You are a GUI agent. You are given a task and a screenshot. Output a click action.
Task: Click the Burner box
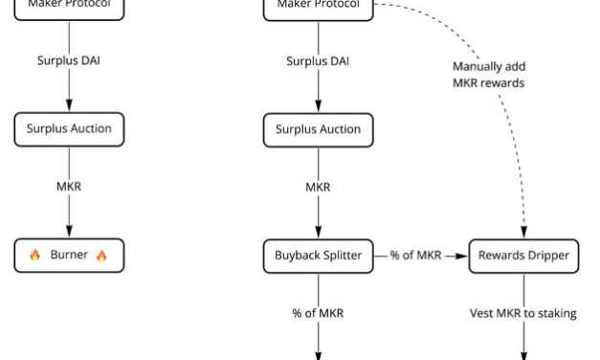tap(69, 256)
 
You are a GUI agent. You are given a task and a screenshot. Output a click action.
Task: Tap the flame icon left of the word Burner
tap(35, 256)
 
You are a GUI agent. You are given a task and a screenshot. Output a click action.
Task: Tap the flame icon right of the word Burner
tap(102, 256)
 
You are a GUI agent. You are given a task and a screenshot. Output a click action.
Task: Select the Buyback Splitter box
tap(318, 256)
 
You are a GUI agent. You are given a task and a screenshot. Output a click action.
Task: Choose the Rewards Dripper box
tap(523, 256)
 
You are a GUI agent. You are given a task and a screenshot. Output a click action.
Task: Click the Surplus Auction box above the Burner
tap(69, 129)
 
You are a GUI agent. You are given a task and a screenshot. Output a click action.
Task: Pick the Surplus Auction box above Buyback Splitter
tap(318, 129)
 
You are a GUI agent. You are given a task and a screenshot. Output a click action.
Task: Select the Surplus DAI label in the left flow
tap(69, 61)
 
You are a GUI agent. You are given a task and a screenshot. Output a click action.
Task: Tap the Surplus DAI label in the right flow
tap(318, 61)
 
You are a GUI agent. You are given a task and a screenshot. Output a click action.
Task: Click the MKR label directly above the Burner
tap(69, 187)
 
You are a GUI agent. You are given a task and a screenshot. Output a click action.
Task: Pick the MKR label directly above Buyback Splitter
tap(318, 187)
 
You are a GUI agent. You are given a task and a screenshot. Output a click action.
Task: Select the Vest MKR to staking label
tap(523, 313)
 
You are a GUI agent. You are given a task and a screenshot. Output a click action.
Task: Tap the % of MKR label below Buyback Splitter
tap(318, 313)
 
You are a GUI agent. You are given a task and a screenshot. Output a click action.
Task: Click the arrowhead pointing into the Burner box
tap(69, 236)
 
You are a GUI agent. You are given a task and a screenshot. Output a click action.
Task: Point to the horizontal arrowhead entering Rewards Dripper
tap(463, 256)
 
